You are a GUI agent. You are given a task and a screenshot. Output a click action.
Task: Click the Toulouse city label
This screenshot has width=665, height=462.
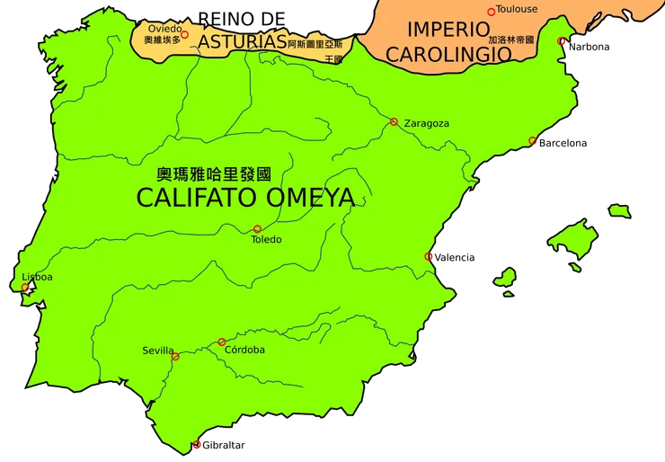tap(517, 9)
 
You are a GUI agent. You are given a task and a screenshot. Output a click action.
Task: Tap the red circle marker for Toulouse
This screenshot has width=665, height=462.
tap(491, 12)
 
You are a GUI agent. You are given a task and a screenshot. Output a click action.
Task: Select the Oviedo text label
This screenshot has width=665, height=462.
tap(163, 29)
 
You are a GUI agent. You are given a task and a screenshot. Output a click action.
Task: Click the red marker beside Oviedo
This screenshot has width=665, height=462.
tap(184, 34)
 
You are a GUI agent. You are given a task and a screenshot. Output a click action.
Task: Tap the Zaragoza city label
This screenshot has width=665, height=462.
tap(427, 123)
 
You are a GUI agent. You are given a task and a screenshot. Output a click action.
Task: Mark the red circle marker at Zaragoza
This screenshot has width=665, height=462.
tap(394, 121)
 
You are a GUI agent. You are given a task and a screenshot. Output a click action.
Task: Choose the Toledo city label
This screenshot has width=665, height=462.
tap(266, 240)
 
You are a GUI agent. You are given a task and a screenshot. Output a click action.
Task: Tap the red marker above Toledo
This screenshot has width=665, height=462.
tap(257, 228)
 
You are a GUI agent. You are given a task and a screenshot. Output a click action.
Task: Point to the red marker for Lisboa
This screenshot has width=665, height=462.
tap(25, 288)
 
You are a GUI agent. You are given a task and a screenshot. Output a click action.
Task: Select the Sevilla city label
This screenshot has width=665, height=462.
tap(158, 350)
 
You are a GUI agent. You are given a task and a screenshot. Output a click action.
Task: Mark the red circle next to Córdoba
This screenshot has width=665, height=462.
tap(221, 342)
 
